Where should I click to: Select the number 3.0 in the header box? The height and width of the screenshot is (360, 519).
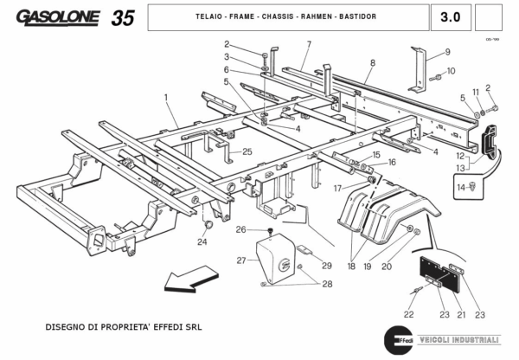[x=450, y=16]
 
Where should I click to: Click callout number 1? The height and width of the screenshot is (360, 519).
[x=165, y=98]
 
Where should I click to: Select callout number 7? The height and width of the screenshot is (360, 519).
[x=308, y=43]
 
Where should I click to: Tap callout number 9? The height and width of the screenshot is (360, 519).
[x=448, y=51]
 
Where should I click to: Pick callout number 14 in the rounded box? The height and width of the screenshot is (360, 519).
[x=462, y=187]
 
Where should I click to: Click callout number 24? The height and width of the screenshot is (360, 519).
[x=202, y=242]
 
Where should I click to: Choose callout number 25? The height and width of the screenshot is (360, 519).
[x=247, y=151]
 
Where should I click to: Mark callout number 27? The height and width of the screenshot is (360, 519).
[x=241, y=260]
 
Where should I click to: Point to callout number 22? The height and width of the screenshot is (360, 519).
[x=408, y=313]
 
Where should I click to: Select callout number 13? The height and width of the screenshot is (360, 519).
[x=461, y=167]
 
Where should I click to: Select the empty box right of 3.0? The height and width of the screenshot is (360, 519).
[x=490, y=16]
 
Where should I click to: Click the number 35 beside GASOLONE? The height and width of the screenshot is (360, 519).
[x=122, y=16]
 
